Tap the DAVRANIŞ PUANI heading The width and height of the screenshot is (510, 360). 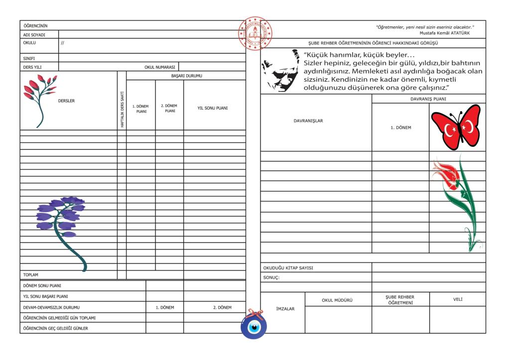point(428,99)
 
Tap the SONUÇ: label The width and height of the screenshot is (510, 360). point(271,277)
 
